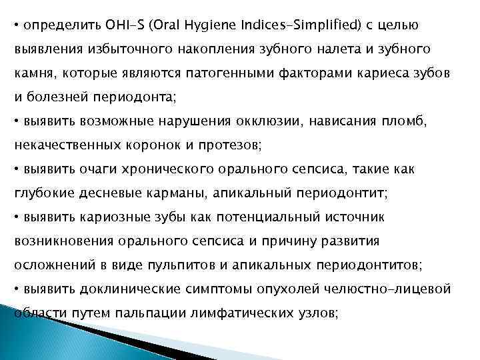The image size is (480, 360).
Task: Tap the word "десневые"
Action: click(95, 193)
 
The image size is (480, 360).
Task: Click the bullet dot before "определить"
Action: click(17, 26)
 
